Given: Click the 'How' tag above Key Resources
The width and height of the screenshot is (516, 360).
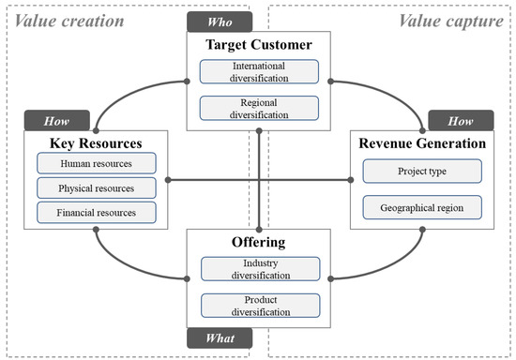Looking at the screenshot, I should (x=51, y=121).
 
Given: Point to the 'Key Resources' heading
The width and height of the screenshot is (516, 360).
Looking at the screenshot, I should (x=85, y=142).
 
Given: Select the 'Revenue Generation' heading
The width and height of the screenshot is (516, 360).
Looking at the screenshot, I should (x=421, y=142).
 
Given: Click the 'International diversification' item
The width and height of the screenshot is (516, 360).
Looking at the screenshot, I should (x=259, y=73).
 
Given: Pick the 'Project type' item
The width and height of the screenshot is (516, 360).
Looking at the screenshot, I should (x=421, y=172).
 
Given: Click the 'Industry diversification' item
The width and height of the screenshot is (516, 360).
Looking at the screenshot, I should (x=259, y=270).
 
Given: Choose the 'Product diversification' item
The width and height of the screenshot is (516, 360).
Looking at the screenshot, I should (x=259, y=305).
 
